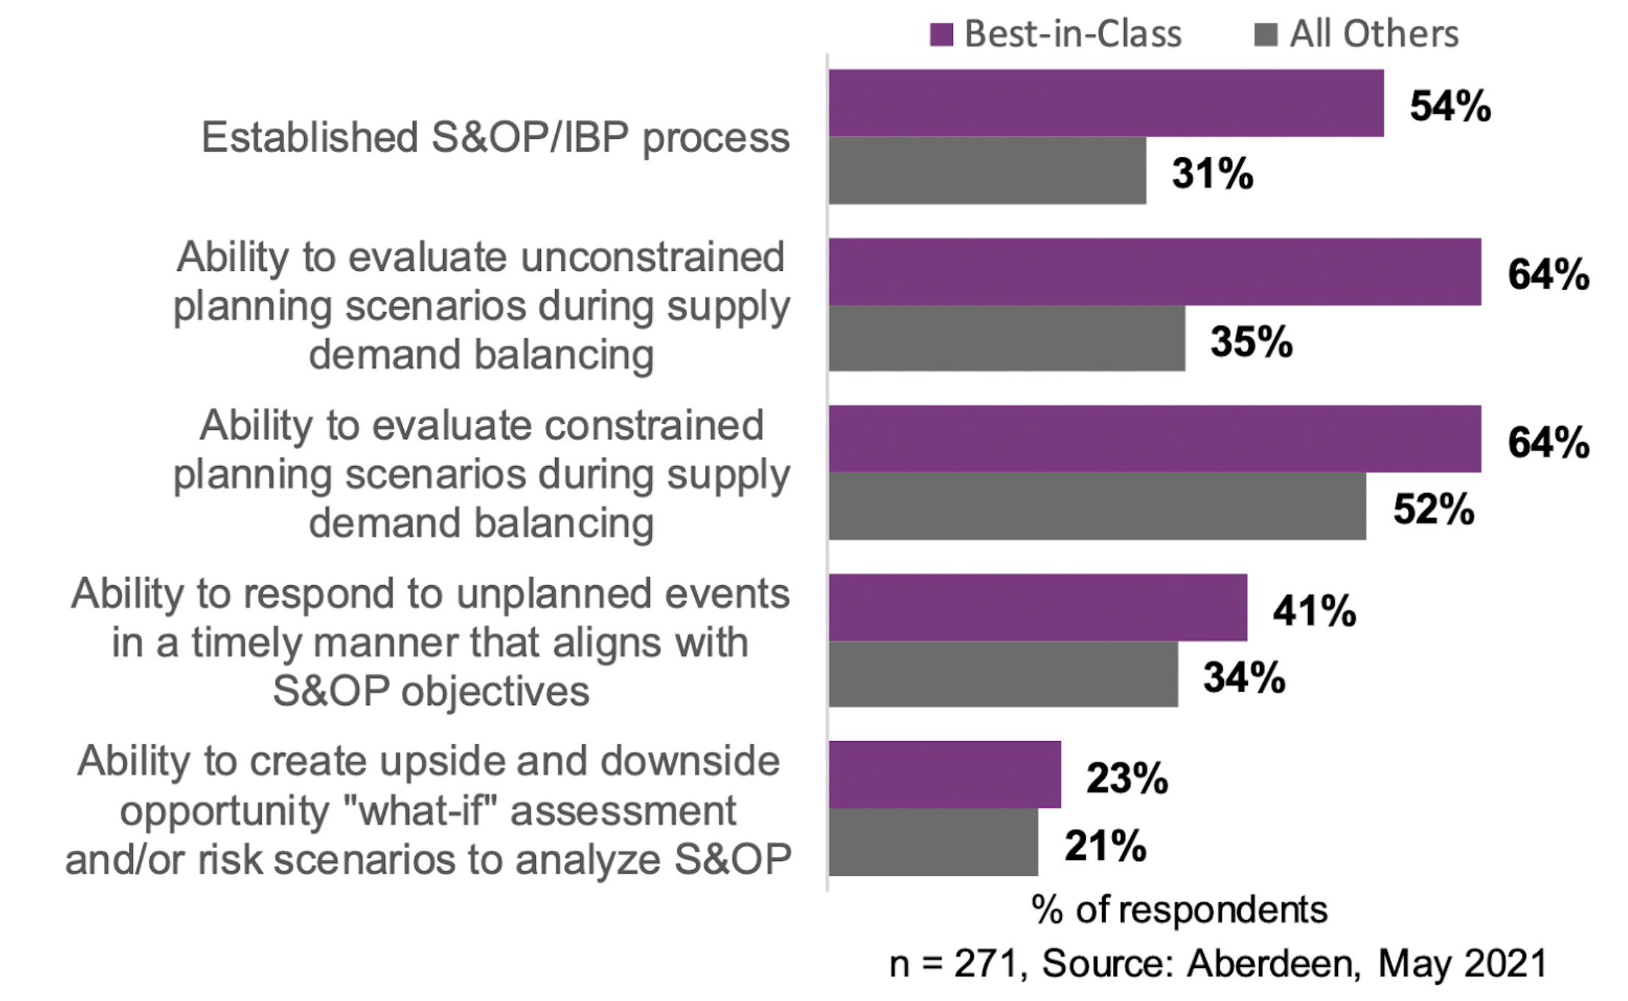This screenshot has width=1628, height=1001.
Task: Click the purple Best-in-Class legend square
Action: pyautogui.click(x=941, y=35)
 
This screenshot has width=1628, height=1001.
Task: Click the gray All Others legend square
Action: pyautogui.click(x=1266, y=35)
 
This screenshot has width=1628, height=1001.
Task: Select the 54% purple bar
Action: pyautogui.click(x=1105, y=103)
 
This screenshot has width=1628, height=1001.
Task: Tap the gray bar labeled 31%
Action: pyautogui.click(x=987, y=171)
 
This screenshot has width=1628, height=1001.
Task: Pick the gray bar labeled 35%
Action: pyautogui.click(x=1006, y=339)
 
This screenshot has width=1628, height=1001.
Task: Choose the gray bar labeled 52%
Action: pyautogui.click(x=1097, y=506)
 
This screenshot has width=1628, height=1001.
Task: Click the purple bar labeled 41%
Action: pyautogui.click(x=1038, y=607)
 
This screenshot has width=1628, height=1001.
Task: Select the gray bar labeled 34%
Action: pyautogui.click(x=1002, y=675)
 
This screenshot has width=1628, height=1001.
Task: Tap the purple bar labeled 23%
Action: pyautogui.click(x=944, y=774)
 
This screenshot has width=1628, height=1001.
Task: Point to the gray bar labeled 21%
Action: pyautogui.click(x=933, y=843)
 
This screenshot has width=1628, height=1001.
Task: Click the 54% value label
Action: pyautogui.click(x=1450, y=106)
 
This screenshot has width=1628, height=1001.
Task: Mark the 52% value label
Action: pyautogui.click(x=1433, y=509)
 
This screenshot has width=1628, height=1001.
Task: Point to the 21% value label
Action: pyautogui.click(x=1105, y=846)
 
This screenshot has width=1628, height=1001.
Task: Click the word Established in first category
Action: pyautogui.click(x=310, y=138)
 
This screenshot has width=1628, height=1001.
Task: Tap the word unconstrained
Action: pyautogui.click(x=652, y=258)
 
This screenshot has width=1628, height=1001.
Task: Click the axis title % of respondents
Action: pyautogui.click(x=1179, y=910)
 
